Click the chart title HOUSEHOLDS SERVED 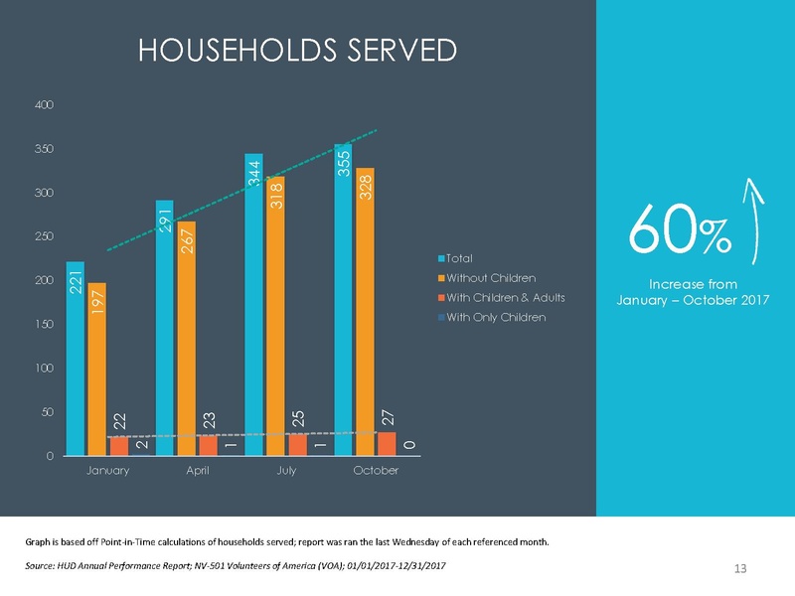[298, 50]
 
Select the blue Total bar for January [75, 358]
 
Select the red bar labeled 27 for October [388, 443]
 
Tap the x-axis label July [286, 470]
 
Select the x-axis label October [376, 470]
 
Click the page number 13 [739, 568]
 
